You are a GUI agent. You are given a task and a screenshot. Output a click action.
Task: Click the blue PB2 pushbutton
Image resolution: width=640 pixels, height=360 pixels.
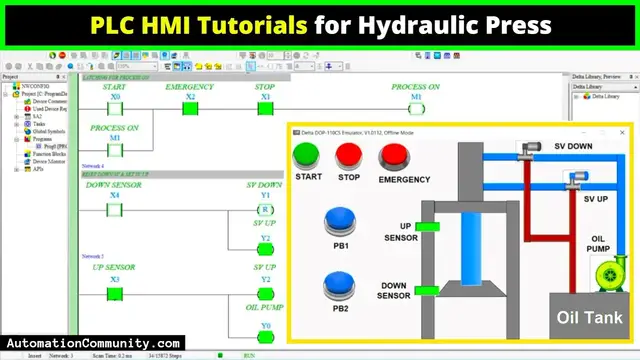(x=342, y=286)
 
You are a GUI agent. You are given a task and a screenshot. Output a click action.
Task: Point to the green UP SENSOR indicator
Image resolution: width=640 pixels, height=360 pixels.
(x=428, y=228)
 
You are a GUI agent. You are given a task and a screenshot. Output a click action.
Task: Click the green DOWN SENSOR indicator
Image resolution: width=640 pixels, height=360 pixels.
(x=427, y=291)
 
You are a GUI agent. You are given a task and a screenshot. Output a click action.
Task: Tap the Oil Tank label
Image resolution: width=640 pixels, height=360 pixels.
(x=590, y=318)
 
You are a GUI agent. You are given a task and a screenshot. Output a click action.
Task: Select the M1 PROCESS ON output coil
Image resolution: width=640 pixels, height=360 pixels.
(x=416, y=109)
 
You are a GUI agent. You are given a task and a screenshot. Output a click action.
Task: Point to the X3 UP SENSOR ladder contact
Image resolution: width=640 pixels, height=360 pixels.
(x=114, y=291)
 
